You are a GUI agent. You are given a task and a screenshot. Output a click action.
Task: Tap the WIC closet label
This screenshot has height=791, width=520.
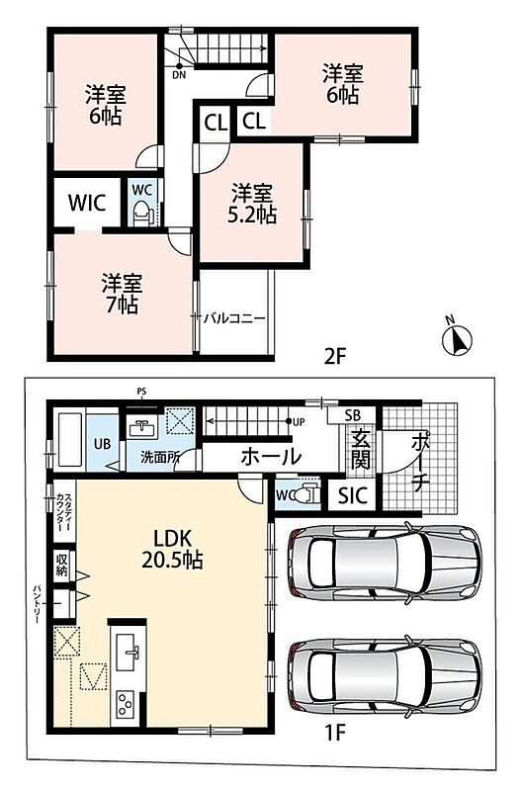[x=87, y=203]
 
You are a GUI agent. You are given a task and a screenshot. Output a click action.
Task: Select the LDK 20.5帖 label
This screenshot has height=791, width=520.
[x=172, y=549]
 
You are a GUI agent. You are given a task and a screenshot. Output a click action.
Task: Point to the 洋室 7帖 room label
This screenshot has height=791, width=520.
[x=122, y=294]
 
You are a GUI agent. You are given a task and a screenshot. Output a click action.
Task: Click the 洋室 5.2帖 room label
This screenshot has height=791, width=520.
[x=252, y=204]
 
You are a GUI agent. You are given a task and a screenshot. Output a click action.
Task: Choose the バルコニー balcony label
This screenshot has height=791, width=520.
[x=234, y=318]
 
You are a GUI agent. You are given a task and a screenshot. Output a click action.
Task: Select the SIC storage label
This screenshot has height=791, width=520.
[x=353, y=496]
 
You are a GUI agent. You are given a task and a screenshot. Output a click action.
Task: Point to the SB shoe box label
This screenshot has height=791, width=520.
[x=353, y=415]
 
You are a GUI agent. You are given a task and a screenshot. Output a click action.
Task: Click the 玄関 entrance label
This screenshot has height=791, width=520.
[x=360, y=450]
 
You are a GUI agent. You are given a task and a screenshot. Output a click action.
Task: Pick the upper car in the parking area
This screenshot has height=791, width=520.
[x=384, y=562]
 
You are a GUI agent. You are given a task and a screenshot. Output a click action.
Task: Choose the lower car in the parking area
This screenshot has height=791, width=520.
[x=384, y=676]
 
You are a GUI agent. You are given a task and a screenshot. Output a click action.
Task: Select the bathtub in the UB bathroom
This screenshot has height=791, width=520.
[x=70, y=440]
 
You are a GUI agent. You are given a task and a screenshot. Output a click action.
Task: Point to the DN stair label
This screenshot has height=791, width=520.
[x=179, y=76]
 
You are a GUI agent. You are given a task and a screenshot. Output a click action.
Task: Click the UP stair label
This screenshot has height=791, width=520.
[x=299, y=422]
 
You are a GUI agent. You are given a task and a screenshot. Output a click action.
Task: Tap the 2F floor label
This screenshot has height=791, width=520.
[x=335, y=357]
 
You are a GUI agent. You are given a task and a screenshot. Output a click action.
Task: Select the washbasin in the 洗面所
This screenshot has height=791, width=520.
[x=143, y=429]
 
